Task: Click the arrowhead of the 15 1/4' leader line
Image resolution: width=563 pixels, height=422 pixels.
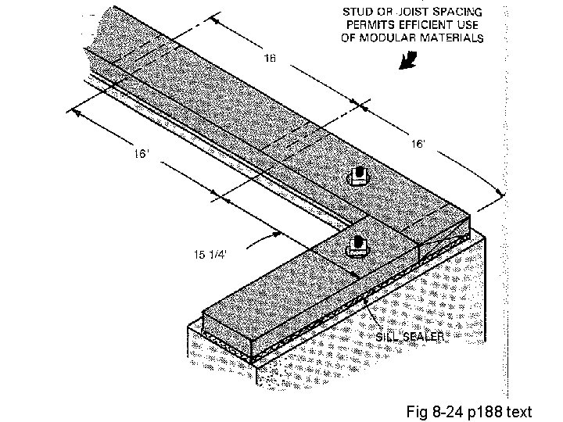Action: (x=276, y=233)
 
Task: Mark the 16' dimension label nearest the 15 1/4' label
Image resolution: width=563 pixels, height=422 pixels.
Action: (x=140, y=155)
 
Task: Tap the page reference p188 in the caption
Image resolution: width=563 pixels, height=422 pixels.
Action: (x=488, y=411)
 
